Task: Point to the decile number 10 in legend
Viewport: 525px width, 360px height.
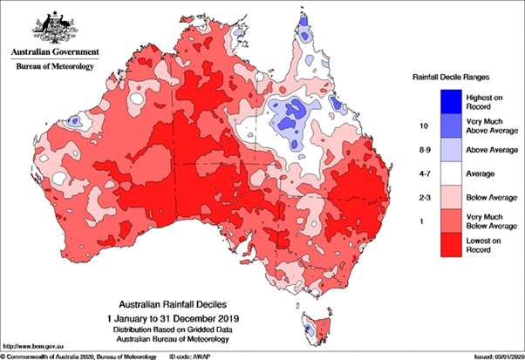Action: click(x=398, y=126)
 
